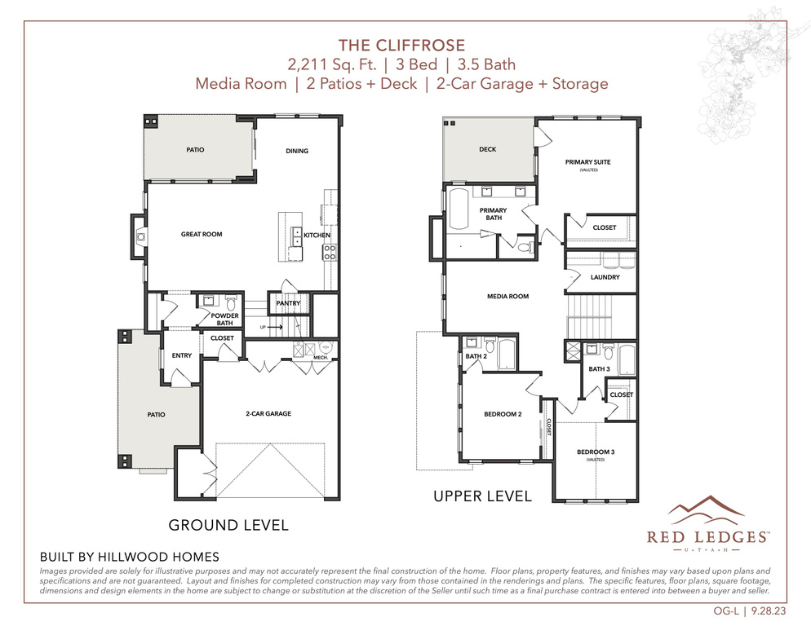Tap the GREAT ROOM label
coord(202,235)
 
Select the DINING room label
coord(297,151)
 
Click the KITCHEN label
coord(317,236)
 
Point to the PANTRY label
coord(289,304)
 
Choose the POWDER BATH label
coord(224,319)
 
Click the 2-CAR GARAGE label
coord(268,414)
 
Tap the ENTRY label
coord(181,355)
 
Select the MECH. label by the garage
coord(321,357)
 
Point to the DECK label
coord(487,149)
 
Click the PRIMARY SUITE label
coord(587,162)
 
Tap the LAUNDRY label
coord(605,277)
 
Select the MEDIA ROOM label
coord(507,297)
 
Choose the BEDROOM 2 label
coord(503,414)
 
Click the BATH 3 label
coord(600,369)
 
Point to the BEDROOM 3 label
coord(596,452)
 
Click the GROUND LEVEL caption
coord(228,525)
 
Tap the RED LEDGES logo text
coord(707,536)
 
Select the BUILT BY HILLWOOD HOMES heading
coord(130,557)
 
